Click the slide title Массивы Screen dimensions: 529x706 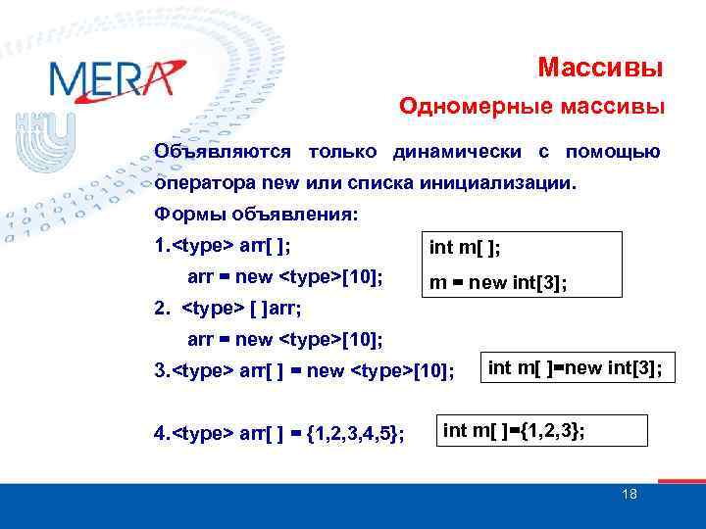(600, 68)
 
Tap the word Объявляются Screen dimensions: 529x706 (223, 152)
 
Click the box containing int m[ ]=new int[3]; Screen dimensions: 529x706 (576, 368)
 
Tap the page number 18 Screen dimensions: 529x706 (630, 494)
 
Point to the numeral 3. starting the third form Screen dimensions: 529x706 (162, 370)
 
